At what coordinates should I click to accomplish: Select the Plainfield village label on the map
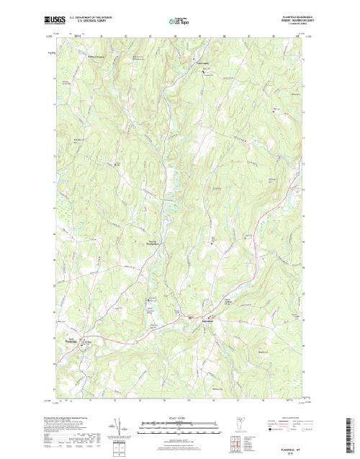click(213, 321)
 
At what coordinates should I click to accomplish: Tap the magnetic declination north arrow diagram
click(116, 429)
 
